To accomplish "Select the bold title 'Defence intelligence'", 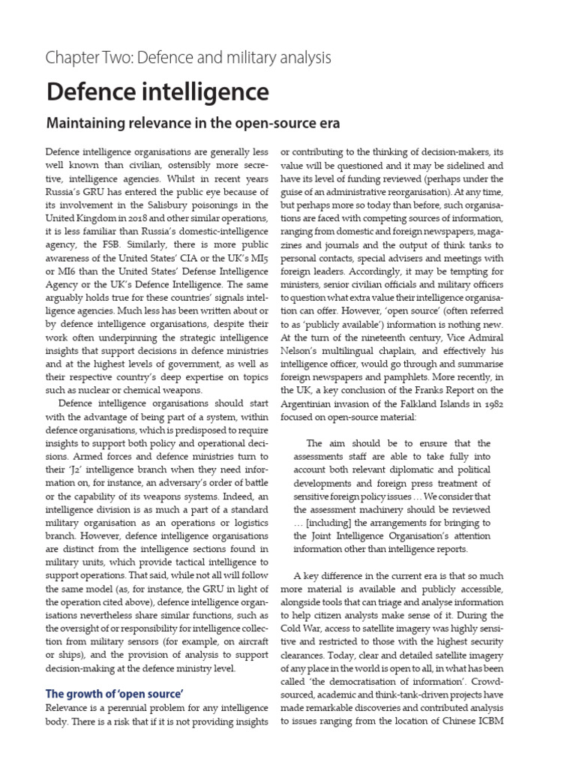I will click(157, 91).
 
